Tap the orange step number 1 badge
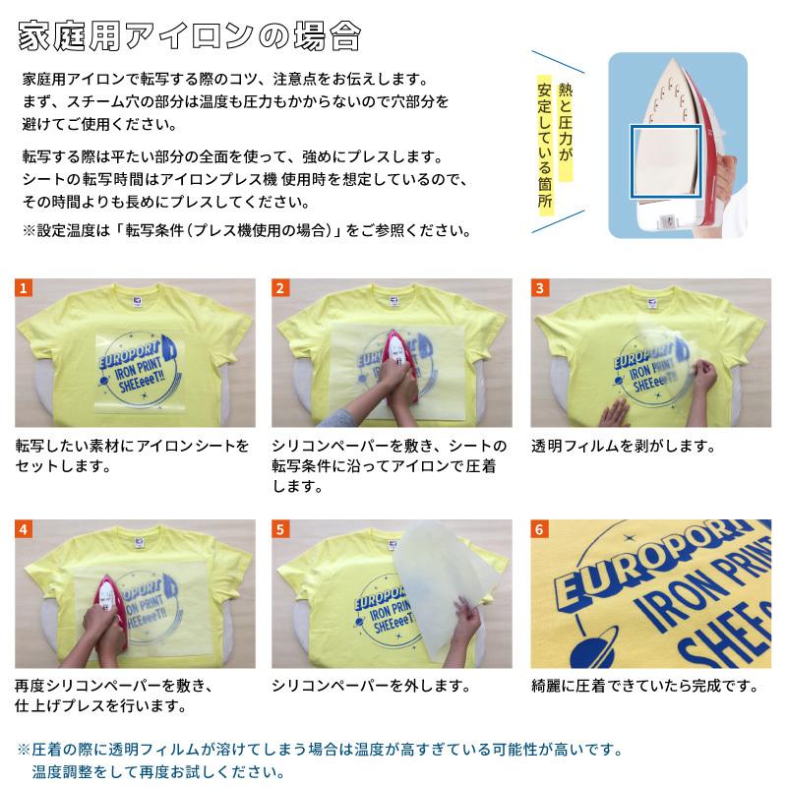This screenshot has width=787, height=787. pyautogui.click(x=25, y=288)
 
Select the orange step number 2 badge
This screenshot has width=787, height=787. pyautogui.click(x=281, y=288)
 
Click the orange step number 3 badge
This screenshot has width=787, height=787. pyautogui.click(x=540, y=288)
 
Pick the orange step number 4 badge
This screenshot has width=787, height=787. pyautogui.click(x=25, y=529)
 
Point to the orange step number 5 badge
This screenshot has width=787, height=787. pyautogui.click(x=281, y=529)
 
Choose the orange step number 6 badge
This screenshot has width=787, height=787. pyautogui.click(x=540, y=529)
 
